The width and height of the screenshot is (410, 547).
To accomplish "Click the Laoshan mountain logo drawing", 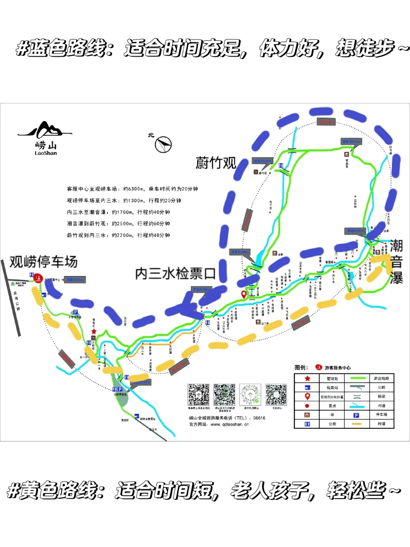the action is pyautogui.click(x=45, y=130).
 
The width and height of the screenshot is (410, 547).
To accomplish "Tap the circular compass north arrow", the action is pyautogui.click(x=164, y=144).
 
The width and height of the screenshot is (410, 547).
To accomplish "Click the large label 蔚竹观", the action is pyautogui.click(x=216, y=163).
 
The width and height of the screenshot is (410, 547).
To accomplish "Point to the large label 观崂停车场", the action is pyautogui.click(x=43, y=262).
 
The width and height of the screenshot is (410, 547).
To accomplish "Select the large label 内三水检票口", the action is pyautogui.click(x=175, y=273).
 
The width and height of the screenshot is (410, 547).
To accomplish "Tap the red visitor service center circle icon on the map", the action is pyautogui.click(x=38, y=278).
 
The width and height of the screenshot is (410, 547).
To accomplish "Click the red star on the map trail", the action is pyautogui.click(x=94, y=331).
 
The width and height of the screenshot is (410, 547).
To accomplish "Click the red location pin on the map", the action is pyautogui.click(x=244, y=294).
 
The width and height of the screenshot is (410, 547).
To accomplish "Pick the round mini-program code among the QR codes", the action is pyautogui.click(x=250, y=395).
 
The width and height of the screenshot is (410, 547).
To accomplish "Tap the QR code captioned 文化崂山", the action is pyautogui.click(x=276, y=395).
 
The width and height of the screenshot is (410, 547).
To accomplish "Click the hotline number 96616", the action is pyautogui.click(x=259, y=418).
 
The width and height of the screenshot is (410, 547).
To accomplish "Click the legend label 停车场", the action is pyautogui.click(x=381, y=415).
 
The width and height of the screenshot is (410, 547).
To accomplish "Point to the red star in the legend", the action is pyautogui.click(x=307, y=378).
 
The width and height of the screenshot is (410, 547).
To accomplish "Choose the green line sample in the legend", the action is pyautogui.click(x=357, y=378).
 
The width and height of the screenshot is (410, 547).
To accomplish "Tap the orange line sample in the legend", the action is pyautogui.click(x=357, y=424).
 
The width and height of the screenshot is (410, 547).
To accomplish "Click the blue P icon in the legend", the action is pyautogui.click(x=356, y=415).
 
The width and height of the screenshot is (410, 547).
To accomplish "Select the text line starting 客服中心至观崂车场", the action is pyautogui.click(x=132, y=189).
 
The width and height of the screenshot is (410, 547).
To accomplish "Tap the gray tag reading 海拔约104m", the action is pyautogui.click(x=75, y=280).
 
